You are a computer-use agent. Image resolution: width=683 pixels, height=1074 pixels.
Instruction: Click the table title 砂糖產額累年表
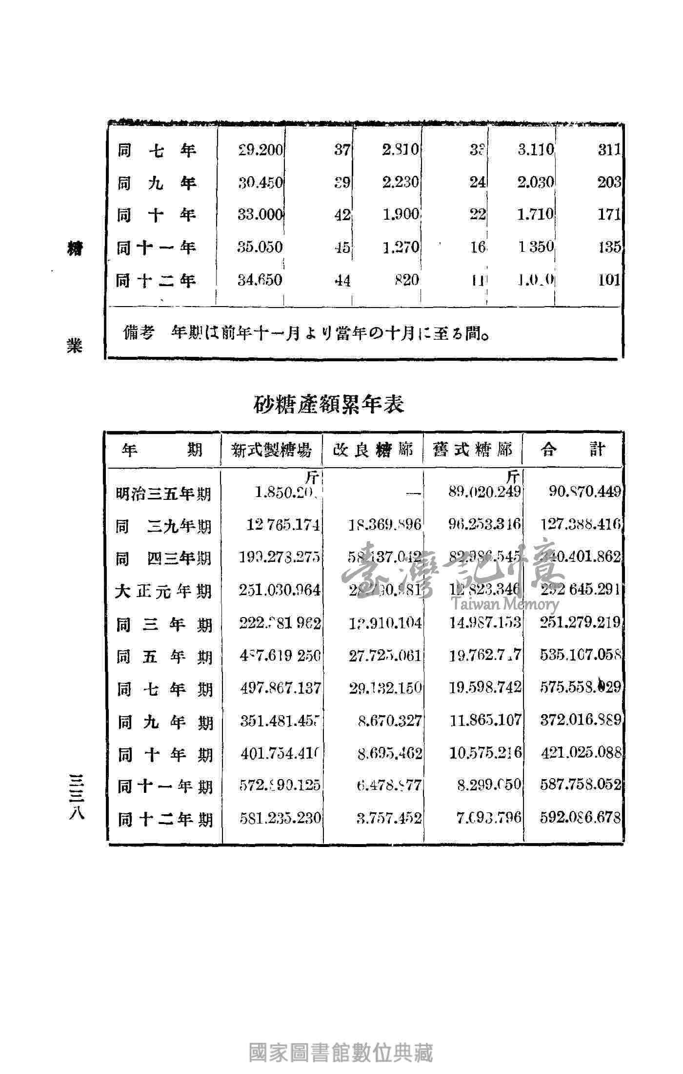tap(329, 404)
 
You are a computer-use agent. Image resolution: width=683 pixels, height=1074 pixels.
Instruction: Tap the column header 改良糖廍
tap(373, 450)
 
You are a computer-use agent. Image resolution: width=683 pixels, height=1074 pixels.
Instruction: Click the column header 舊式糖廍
tap(473, 450)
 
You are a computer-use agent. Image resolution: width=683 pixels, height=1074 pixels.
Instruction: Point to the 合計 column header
tap(573, 450)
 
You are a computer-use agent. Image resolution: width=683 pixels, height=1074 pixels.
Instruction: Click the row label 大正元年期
tap(163, 591)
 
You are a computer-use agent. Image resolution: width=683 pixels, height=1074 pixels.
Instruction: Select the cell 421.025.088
tap(580, 753)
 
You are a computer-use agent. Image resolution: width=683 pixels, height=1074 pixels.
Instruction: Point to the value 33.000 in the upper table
tap(261, 215)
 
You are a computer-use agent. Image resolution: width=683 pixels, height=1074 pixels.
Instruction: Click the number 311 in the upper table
tap(609, 149)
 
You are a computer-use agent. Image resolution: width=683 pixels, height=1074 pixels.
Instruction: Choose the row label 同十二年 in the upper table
tap(156, 280)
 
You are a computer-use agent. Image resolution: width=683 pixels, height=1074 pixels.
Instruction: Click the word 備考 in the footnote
tap(140, 333)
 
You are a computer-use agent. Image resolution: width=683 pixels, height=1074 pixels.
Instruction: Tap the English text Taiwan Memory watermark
tap(505, 604)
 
